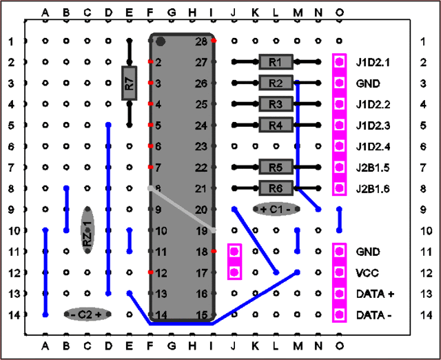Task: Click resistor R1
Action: pos(276,62)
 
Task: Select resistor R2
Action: pos(276,83)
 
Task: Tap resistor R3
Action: pos(276,104)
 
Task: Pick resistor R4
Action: pos(276,125)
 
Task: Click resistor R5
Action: pos(276,167)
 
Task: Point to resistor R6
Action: pos(276,188)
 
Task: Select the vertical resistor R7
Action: pos(130,83)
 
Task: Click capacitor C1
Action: pos(276,208)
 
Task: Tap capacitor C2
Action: pos(87,314)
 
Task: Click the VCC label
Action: pos(366,272)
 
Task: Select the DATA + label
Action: pos(375,294)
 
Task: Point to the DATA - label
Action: pos(373,314)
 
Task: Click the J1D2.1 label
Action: pos(373,63)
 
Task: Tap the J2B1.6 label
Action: pos(373,188)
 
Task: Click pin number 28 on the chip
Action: pos(201,42)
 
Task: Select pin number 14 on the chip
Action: pos(161,314)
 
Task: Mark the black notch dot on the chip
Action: pos(161,41)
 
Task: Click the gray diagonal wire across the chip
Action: pos(183,209)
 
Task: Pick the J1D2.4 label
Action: pos(373,146)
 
